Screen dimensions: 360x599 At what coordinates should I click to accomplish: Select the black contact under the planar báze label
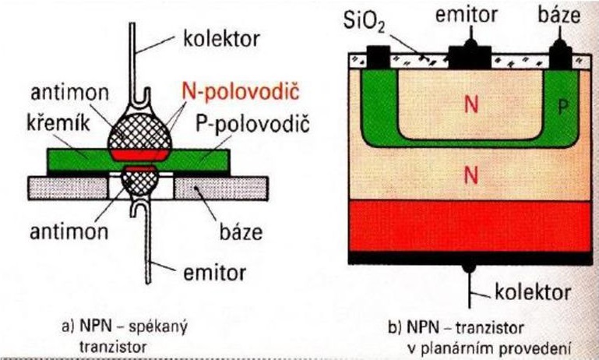point(561,55)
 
